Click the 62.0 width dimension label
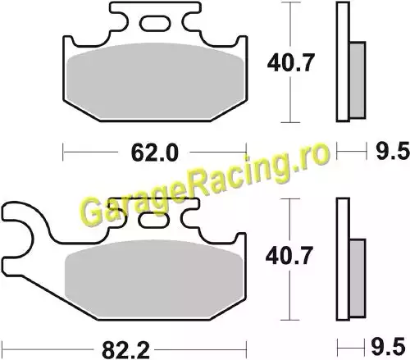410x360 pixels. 154,153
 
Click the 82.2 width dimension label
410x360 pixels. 125,350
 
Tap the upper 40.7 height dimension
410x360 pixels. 291,63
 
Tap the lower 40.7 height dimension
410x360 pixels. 289,256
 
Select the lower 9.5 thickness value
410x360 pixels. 388,347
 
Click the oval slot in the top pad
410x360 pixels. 154,23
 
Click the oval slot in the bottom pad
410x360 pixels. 154,220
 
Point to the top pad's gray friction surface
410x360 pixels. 155,80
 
